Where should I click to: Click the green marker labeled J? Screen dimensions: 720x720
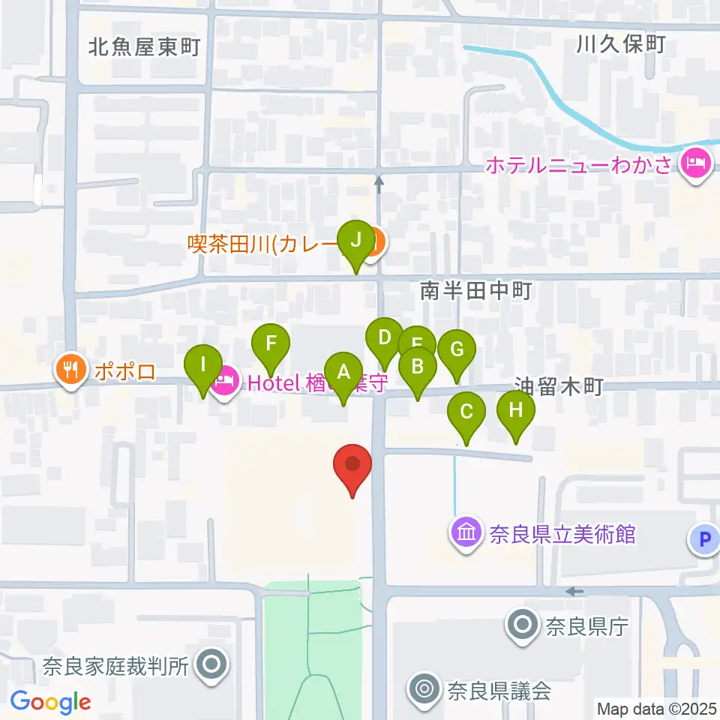tap(355, 241)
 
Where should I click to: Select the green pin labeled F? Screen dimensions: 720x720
tap(271, 345)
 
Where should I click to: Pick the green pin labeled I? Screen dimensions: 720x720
tap(202, 365)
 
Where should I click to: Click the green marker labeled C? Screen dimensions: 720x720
tap(466, 412)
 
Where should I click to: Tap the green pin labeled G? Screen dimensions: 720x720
tap(456, 349)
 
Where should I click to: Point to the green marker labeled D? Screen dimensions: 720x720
tap(385, 337)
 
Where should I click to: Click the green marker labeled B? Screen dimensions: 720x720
tap(418, 367)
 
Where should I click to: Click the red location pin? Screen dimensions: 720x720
tap(352, 465)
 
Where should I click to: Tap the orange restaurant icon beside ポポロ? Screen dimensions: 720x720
tap(70, 369)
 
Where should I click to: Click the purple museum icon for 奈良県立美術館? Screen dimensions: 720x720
tap(466, 534)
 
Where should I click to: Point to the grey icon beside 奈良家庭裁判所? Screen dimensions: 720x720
tap(211, 664)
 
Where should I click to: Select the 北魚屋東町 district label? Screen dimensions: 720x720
tap(144, 48)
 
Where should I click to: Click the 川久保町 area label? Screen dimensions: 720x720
tap(621, 45)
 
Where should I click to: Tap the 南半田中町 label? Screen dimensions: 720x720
tap(475, 291)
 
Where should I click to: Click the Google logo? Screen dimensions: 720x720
tap(51, 701)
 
